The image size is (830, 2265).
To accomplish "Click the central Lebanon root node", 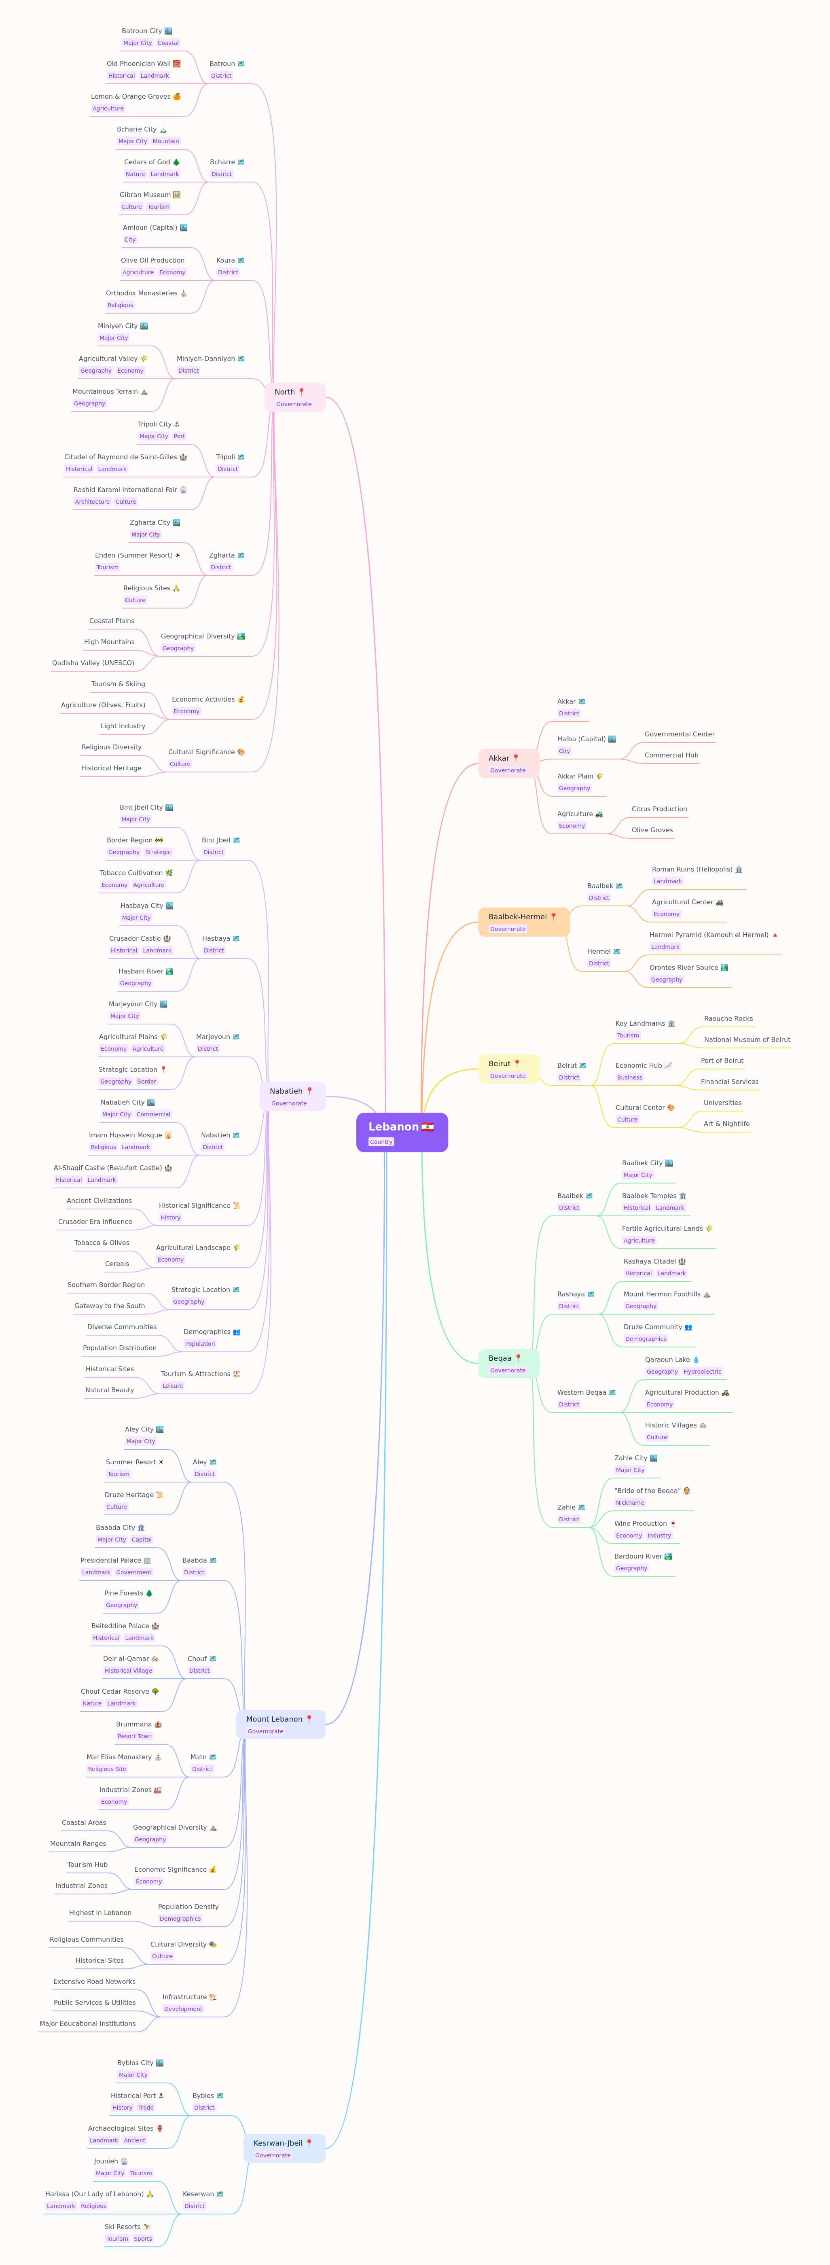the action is (402, 1132).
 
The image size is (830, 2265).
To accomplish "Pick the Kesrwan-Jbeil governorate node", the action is (284, 2148).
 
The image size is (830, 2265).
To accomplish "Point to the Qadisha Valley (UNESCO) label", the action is (93, 663).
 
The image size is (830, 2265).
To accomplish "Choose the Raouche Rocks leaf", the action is (728, 1018).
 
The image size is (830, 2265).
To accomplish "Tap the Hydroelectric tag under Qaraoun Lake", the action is (703, 1372).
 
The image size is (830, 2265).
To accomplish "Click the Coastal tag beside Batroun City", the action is (168, 43).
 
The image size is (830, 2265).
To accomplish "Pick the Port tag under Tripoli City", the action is (179, 436).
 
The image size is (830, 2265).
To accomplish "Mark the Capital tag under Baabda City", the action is (142, 1540).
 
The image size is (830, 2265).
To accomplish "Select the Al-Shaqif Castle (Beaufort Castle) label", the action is (112, 1168).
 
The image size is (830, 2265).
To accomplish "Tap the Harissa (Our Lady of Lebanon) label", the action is (100, 2194).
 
